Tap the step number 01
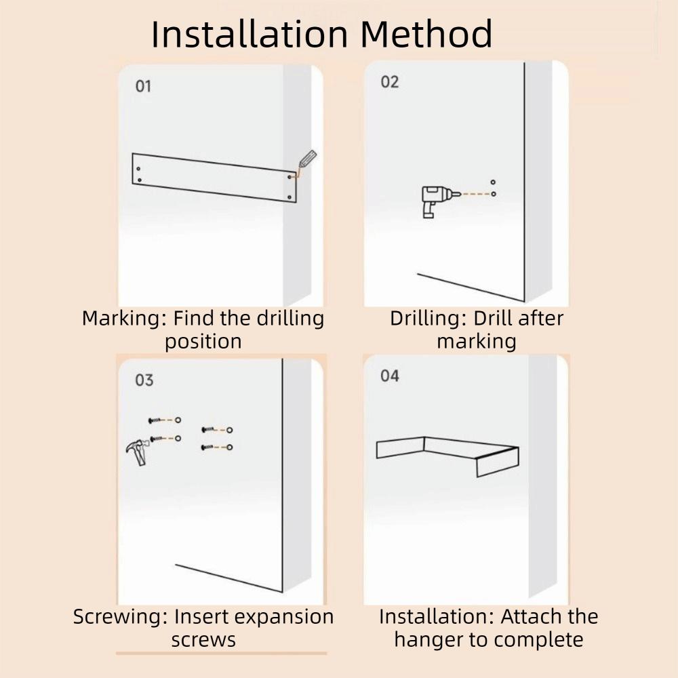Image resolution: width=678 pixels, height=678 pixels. (x=143, y=86)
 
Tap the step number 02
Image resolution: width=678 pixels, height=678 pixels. (x=390, y=82)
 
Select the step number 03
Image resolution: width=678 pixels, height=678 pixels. (x=144, y=380)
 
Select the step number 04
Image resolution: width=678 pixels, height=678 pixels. (x=390, y=376)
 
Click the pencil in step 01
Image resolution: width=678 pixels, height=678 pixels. (x=306, y=160)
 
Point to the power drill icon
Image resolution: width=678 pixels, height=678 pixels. (x=431, y=199)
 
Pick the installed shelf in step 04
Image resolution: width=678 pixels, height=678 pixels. (x=447, y=454)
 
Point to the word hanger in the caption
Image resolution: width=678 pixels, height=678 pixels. (x=428, y=639)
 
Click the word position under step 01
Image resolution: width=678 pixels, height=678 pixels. (x=203, y=341)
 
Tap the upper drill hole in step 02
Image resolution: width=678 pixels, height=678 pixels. (x=493, y=182)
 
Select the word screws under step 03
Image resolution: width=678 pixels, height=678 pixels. (x=203, y=639)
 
